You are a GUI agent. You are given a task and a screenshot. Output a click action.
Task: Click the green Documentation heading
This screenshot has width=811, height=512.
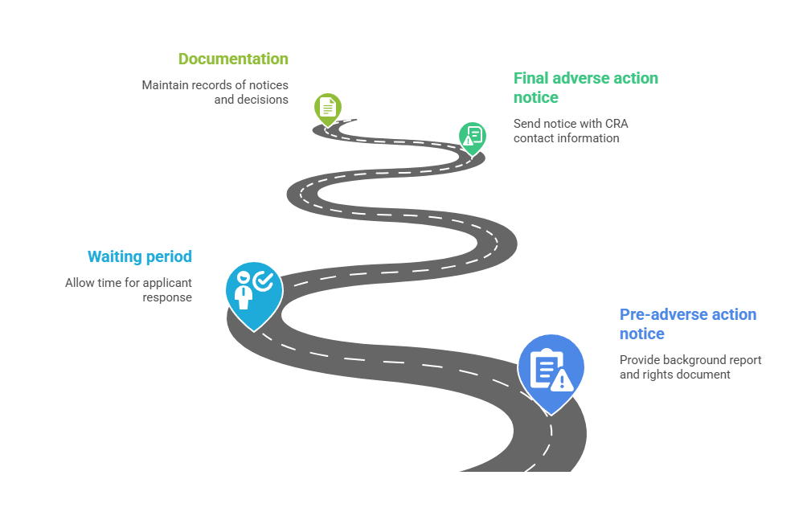[233, 59]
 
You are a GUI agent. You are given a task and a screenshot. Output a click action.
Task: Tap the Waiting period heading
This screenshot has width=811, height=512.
[140, 256]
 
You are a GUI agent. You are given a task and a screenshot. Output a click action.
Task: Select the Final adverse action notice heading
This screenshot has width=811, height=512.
[586, 88]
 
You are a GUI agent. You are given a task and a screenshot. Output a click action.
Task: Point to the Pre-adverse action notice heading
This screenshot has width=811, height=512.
[688, 324]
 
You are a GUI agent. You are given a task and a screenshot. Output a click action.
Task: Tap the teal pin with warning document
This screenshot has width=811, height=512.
[473, 138]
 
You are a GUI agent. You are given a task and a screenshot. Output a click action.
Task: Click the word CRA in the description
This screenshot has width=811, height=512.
[616, 124]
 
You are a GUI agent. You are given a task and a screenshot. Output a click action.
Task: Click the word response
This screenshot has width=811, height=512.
[167, 298]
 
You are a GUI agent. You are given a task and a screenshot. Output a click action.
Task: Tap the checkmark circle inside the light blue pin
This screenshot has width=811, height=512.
[264, 281]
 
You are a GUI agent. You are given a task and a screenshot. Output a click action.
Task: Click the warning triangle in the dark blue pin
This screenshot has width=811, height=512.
[562, 381]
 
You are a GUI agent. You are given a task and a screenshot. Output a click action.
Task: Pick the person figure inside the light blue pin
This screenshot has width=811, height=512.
[243, 291]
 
